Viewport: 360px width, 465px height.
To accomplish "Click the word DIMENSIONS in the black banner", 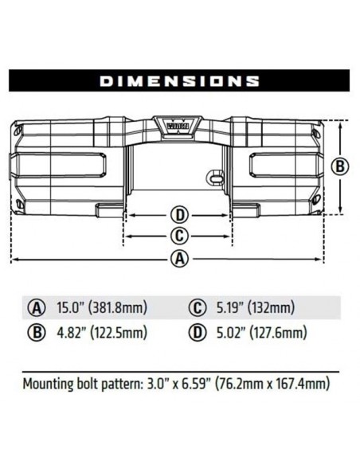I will click(x=179, y=80).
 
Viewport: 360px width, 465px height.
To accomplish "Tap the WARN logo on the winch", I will click(x=178, y=124).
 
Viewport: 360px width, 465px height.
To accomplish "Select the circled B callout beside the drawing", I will click(x=341, y=166).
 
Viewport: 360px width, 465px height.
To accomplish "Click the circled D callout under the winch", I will click(x=180, y=215).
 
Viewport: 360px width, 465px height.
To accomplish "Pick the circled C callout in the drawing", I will click(x=180, y=236).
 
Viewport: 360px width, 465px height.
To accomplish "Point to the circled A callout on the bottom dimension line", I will click(x=180, y=258).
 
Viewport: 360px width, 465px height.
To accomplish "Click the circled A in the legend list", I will click(x=36, y=307).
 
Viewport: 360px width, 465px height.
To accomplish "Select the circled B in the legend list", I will click(x=36, y=333).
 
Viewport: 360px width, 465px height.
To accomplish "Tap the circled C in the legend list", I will click(x=195, y=307).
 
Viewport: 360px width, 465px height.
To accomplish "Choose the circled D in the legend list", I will click(x=195, y=333).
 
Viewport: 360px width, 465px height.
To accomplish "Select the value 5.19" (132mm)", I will click(x=253, y=307).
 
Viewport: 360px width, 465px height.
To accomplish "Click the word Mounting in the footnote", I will click(x=50, y=384).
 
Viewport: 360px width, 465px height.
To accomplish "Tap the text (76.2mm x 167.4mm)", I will click(x=271, y=384).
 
